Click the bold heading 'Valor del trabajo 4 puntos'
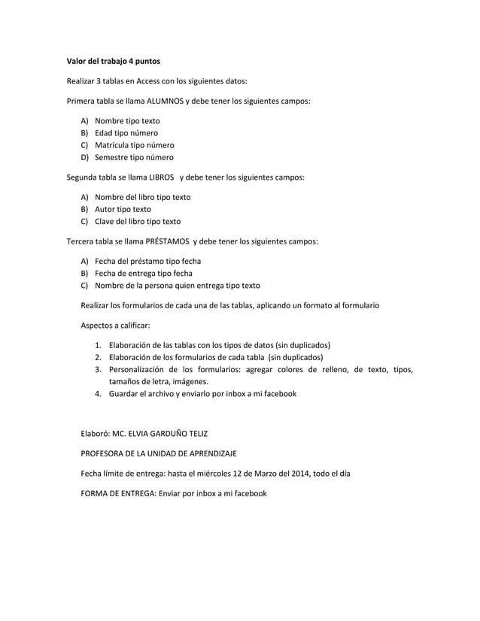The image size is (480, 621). click(x=113, y=59)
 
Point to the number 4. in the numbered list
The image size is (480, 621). click(x=98, y=393)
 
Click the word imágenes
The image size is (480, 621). click(x=187, y=381)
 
